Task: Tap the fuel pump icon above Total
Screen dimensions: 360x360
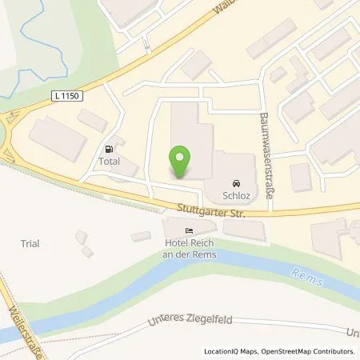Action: point(109,148)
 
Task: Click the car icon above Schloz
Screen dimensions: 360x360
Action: point(236,182)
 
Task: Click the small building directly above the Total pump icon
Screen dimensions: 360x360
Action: point(93,121)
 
